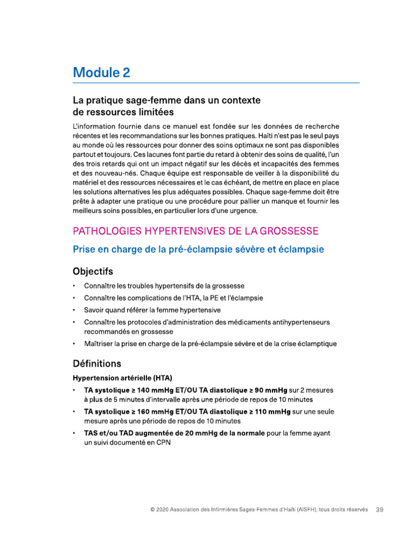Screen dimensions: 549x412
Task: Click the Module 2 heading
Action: [101, 72]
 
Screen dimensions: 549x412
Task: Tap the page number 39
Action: [379, 509]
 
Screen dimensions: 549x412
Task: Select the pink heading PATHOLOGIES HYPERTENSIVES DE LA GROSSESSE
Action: [196, 231]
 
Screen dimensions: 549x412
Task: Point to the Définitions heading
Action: [97, 363]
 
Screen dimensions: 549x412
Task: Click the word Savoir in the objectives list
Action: [95, 310]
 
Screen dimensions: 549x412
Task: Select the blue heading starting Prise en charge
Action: [198, 249]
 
